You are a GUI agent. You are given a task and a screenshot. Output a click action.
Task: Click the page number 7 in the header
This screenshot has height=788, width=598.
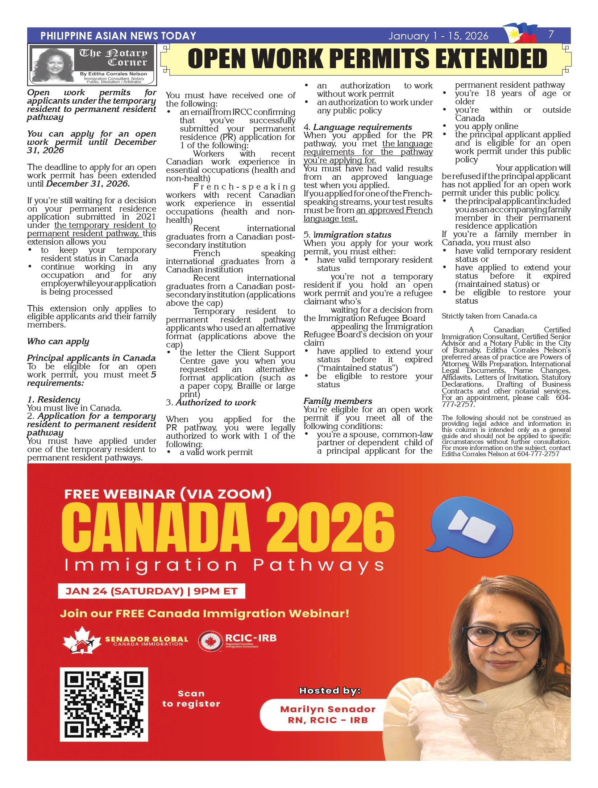(x=551, y=34)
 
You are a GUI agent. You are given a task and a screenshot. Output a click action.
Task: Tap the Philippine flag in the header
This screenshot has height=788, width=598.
(x=520, y=32)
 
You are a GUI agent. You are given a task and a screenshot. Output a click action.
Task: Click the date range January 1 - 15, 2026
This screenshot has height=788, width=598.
(x=438, y=36)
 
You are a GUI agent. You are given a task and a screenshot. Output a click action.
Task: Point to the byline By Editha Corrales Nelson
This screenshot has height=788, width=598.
(x=113, y=74)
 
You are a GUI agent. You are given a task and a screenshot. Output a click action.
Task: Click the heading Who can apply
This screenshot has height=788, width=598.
(x=58, y=341)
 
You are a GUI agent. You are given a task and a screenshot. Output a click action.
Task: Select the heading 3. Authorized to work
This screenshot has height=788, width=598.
(x=211, y=403)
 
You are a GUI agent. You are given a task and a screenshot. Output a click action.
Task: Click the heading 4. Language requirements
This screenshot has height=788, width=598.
(x=358, y=127)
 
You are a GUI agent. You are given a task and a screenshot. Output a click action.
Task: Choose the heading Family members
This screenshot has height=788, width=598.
(x=338, y=401)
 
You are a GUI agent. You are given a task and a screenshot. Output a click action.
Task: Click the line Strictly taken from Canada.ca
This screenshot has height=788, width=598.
(x=489, y=316)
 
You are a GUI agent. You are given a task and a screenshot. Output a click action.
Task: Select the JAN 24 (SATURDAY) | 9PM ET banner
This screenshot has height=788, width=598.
(x=151, y=591)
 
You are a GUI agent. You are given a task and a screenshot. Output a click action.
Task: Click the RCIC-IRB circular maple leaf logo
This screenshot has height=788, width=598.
(x=210, y=642)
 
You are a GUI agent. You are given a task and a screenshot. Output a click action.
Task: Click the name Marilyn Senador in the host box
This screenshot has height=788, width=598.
(x=328, y=709)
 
